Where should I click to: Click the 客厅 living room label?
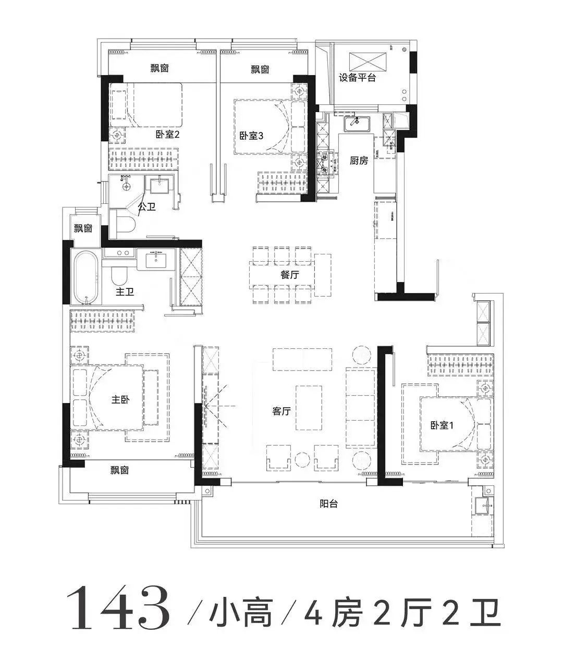[x=281, y=411]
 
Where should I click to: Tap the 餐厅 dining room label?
[x=289, y=274]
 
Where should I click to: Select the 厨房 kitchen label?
[x=359, y=161]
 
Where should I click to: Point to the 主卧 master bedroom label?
[x=120, y=400]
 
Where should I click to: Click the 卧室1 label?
[x=442, y=425]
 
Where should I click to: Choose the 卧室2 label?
[x=167, y=135]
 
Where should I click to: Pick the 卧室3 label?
[x=251, y=136]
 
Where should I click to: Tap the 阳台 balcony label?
[x=329, y=504]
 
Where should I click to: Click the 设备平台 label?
[x=357, y=78]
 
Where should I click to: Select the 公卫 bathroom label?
[x=146, y=207]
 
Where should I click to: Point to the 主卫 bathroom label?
[x=125, y=291]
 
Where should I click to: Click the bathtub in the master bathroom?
[x=86, y=277]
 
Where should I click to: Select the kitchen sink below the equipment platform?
[x=357, y=124]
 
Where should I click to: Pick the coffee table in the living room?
[x=309, y=408]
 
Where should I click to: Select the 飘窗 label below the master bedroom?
[x=119, y=470]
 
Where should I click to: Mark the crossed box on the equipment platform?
[x=368, y=61]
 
